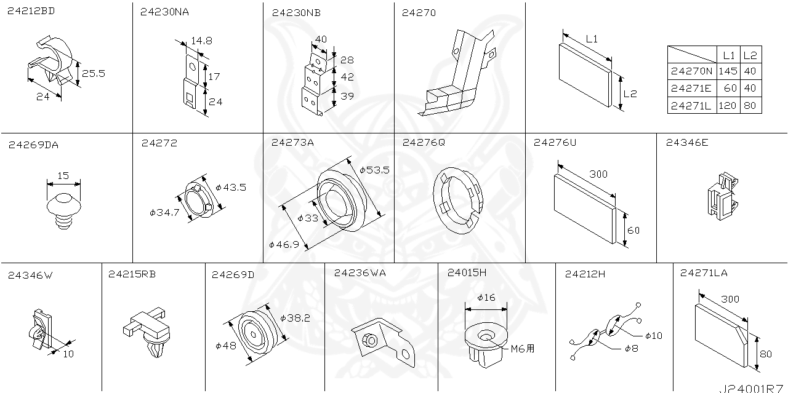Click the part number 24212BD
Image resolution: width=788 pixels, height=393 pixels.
pyautogui.click(x=31, y=11)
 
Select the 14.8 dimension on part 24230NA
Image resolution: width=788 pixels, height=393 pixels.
pyautogui.click(x=201, y=41)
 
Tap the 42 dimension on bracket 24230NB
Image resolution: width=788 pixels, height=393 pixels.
pyautogui.click(x=347, y=77)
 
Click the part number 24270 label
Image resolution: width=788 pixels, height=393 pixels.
pyautogui.click(x=419, y=12)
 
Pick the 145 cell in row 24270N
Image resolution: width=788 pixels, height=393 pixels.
pyautogui.click(x=728, y=71)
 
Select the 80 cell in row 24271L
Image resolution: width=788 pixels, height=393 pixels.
pyautogui.click(x=750, y=106)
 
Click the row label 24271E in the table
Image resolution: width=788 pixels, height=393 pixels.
pyautogui.click(x=691, y=89)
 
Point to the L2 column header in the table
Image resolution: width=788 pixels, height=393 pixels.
pyautogui.click(x=750, y=55)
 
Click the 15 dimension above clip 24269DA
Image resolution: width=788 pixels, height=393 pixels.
pyautogui.click(x=63, y=176)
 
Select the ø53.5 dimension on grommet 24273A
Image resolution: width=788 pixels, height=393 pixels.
pyautogui.click(x=375, y=170)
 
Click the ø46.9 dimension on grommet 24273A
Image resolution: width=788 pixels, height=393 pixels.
pyautogui.click(x=284, y=244)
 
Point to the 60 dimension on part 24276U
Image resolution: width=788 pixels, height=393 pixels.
pyautogui.click(x=633, y=231)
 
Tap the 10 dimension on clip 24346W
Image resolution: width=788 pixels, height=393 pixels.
pyautogui.click(x=68, y=354)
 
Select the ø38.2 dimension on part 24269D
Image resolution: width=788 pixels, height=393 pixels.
pyautogui.click(x=295, y=318)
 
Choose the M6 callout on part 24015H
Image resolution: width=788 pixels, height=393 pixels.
pyautogui.click(x=523, y=349)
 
